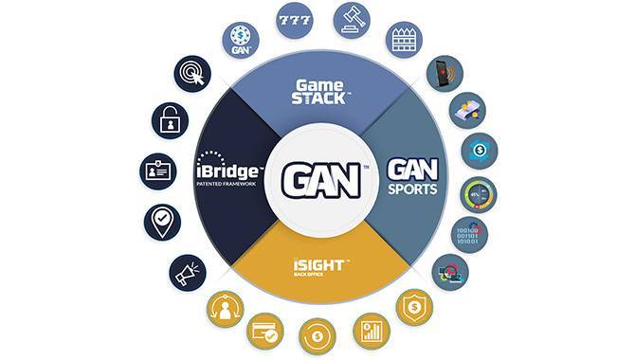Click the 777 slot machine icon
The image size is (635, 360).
[295, 19]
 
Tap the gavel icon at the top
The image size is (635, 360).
[352, 19]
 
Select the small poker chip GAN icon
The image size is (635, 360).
[241, 40]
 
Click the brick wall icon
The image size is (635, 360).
[404, 40]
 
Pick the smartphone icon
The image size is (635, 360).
[444, 74]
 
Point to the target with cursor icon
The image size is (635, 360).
[192, 74]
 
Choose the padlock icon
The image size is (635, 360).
[170, 120]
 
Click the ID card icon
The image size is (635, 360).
[158, 171]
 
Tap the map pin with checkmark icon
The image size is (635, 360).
[162, 223]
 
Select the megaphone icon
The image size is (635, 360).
[188, 273]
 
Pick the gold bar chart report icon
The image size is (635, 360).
[371, 331]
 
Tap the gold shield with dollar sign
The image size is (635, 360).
[414, 308]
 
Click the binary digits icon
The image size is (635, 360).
[470, 234]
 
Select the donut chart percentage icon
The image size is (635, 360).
[478, 194]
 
